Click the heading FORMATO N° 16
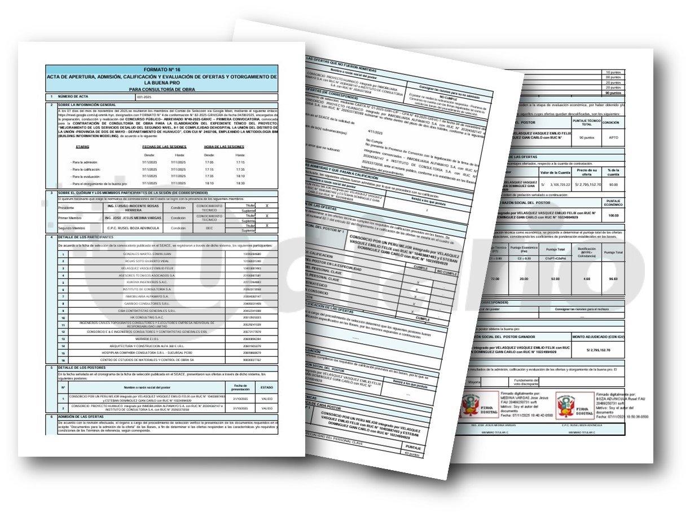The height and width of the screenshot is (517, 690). [161, 68]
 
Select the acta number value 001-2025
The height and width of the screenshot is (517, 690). [137, 97]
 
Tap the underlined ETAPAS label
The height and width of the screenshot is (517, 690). [83, 147]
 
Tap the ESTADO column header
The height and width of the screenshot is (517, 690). [266, 387]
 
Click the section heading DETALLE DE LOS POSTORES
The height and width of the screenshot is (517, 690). [82, 368]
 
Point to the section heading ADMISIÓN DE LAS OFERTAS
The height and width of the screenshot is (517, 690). [84, 416]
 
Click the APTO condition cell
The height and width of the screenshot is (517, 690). [611, 137]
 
